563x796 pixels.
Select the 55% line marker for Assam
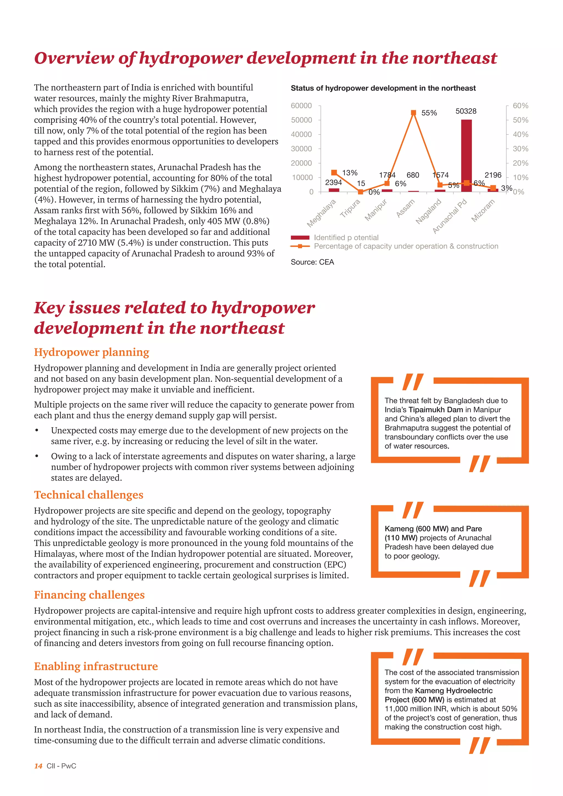click(413, 113)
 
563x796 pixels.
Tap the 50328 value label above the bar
click(466, 111)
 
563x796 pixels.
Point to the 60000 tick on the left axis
click(301, 105)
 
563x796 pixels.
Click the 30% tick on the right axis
click(520, 149)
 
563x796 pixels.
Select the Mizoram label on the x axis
click(483, 211)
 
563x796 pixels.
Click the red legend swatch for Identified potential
click(300, 237)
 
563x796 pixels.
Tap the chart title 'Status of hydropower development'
click(383, 88)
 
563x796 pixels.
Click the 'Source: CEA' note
click(312, 262)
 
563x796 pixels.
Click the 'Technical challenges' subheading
click(89, 495)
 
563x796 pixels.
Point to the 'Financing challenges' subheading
click(89, 595)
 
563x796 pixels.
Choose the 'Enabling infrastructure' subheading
click(96, 666)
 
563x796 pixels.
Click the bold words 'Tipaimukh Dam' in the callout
click(435, 410)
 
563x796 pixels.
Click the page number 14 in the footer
click(38, 766)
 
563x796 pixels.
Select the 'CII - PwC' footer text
click(61, 766)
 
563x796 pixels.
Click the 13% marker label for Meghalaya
click(349, 173)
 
